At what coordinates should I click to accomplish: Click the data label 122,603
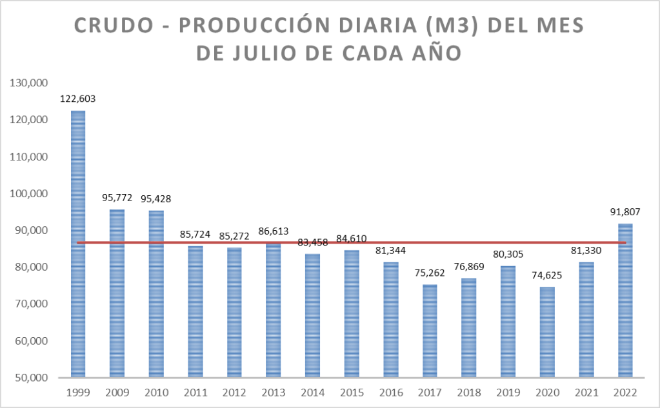point(78,99)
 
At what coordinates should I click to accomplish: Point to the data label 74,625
point(547,275)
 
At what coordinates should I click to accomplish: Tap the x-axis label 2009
point(117,392)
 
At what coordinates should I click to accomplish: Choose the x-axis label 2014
point(312,392)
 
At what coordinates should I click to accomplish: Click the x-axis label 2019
point(508,392)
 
